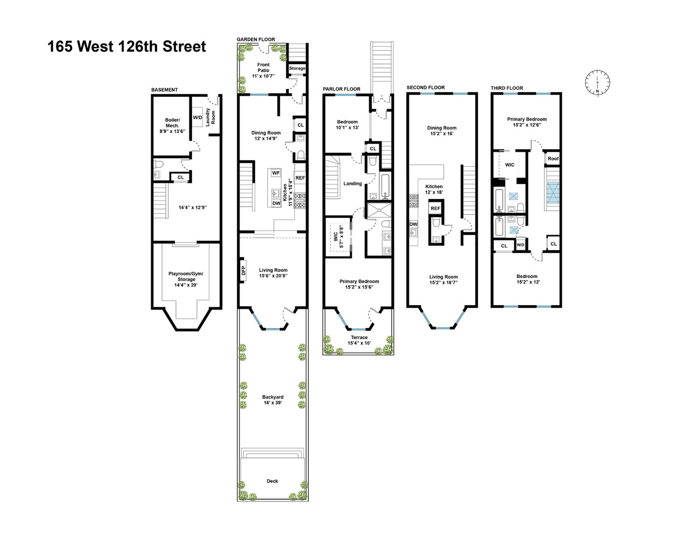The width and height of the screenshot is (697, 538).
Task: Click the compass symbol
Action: pos(597,83)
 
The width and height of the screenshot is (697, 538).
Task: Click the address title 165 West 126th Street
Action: pos(126,47)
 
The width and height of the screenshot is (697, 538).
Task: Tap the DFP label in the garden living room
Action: pos(243,270)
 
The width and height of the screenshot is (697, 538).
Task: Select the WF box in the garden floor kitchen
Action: pos(276,173)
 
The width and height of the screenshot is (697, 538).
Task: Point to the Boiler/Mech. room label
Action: pos(172,125)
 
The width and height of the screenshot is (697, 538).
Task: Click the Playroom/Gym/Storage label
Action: pos(186,279)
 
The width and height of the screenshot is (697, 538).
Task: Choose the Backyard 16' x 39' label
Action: pos(273,400)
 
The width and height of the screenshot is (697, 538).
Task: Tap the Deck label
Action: pos(272,481)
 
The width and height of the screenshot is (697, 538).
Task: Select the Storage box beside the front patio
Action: pos(297,68)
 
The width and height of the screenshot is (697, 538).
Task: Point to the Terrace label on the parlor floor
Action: pos(359,340)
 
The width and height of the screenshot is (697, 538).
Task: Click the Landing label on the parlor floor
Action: pos(353,183)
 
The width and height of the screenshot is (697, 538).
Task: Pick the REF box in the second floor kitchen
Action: pos(435,208)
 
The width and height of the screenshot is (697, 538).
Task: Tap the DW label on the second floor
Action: pos(413,224)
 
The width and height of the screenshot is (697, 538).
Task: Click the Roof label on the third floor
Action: pos(553,159)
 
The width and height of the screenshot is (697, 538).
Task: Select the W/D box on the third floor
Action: pos(520,245)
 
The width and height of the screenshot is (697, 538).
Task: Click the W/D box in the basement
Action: pos(198,118)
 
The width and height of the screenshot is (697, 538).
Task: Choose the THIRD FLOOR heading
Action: pos(506,88)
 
